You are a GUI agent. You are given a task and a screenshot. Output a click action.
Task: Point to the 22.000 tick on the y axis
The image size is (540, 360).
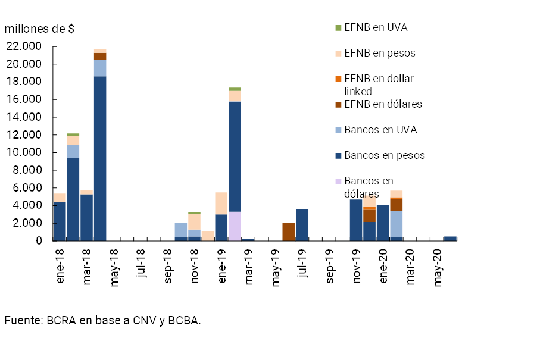(x=24, y=46)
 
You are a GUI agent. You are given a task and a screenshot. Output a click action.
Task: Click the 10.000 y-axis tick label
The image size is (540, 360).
(x=24, y=152)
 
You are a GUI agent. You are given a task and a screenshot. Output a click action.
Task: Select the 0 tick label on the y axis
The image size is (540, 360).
(x=39, y=240)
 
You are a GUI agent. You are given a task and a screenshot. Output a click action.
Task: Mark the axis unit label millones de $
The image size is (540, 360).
(x=40, y=29)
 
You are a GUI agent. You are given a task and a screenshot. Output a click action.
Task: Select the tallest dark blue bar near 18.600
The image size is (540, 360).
(x=100, y=158)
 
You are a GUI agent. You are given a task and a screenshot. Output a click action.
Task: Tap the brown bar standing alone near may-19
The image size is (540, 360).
(x=288, y=231)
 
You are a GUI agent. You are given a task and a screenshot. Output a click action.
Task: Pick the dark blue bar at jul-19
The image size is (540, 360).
(x=302, y=224)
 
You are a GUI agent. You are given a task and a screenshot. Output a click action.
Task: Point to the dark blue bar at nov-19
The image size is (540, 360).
(x=355, y=220)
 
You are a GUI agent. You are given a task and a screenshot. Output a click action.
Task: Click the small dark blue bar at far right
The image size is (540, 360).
(x=450, y=238)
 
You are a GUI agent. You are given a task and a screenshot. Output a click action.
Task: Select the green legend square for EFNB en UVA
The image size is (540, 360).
(x=338, y=28)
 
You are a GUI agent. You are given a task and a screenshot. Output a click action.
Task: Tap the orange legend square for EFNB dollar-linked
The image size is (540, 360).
(x=338, y=79)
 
